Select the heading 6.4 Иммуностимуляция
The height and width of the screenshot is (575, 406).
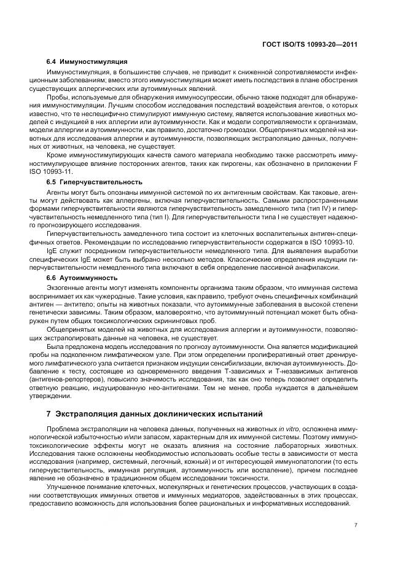pos(87,61)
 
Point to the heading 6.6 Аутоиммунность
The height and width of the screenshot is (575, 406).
pos(84,278)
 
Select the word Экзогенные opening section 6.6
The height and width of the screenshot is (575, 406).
pos(65,287)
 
